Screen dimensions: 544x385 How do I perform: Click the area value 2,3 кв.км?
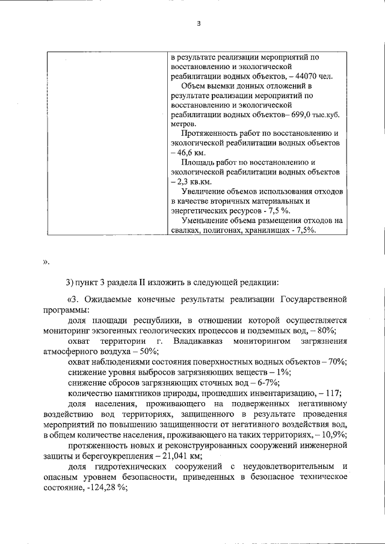pos(192,182)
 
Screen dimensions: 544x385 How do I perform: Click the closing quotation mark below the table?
pos(46,261)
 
